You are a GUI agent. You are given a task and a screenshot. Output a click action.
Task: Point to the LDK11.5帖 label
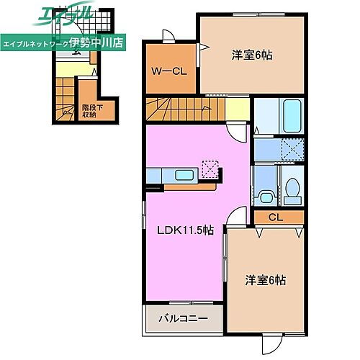(x=186, y=230)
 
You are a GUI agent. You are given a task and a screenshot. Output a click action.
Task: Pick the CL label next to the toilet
(x=274, y=217)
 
